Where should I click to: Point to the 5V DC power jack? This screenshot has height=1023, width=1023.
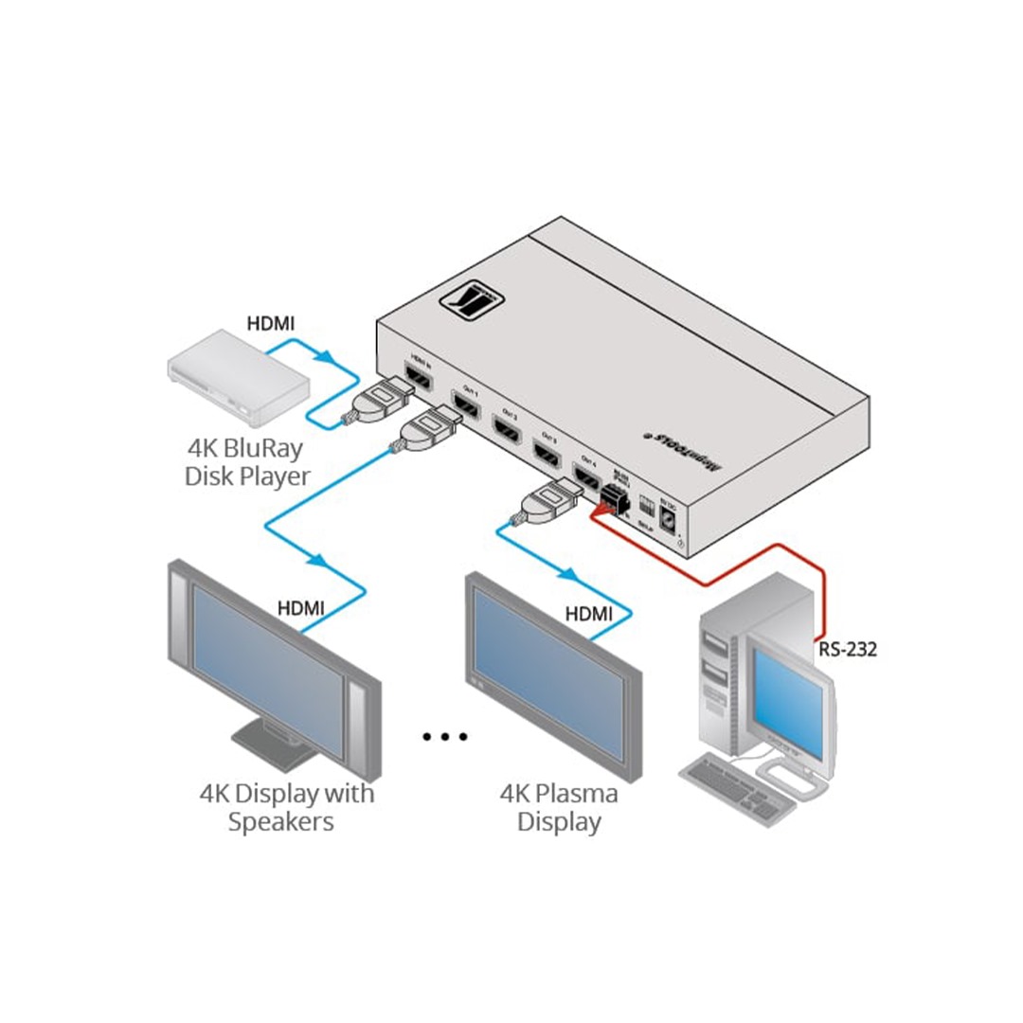(669, 519)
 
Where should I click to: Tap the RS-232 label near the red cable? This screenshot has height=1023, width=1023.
(849, 650)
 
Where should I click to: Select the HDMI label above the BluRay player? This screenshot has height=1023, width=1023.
(270, 323)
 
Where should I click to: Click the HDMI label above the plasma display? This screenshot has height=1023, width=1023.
(589, 614)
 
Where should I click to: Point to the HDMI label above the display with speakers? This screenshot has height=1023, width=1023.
(301, 607)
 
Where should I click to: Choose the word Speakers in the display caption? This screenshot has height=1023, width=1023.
(280, 821)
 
